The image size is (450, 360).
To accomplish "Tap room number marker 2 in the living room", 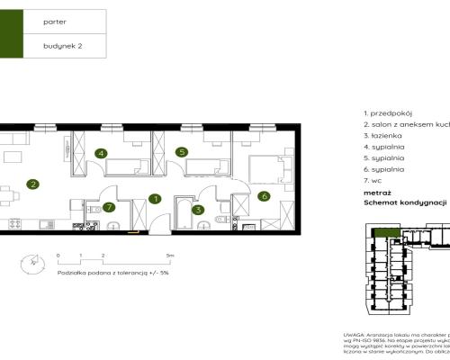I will [x=32, y=184].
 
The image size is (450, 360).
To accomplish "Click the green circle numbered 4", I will [x=102, y=153].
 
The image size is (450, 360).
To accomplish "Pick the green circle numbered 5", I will [x=181, y=153].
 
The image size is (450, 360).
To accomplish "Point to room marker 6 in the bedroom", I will [x=264, y=195].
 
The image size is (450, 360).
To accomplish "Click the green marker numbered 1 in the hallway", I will [x=155, y=198].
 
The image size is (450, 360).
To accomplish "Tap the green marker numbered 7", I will [x=108, y=208].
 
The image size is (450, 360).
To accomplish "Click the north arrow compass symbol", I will [x=33, y=262].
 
